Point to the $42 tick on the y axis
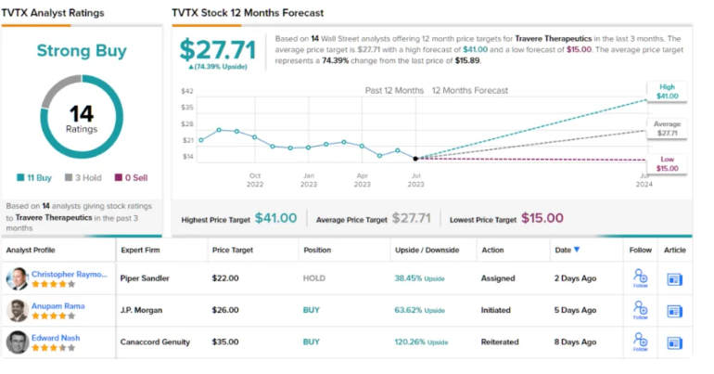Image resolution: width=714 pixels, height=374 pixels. tap(187, 91)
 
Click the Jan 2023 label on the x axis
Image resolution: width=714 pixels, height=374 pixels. tap(309, 178)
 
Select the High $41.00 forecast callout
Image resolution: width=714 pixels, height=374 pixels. tap(667, 91)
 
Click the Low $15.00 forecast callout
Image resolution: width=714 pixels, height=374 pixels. tap(667, 164)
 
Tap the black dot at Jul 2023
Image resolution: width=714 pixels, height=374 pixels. tap(415, 159)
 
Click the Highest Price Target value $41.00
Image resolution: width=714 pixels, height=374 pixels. tap(275, 218)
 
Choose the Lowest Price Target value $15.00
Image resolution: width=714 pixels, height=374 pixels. tap(542, 218)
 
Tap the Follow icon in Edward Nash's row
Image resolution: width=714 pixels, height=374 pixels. tap(641, 342)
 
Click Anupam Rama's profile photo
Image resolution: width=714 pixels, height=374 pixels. tap(17, 310)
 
